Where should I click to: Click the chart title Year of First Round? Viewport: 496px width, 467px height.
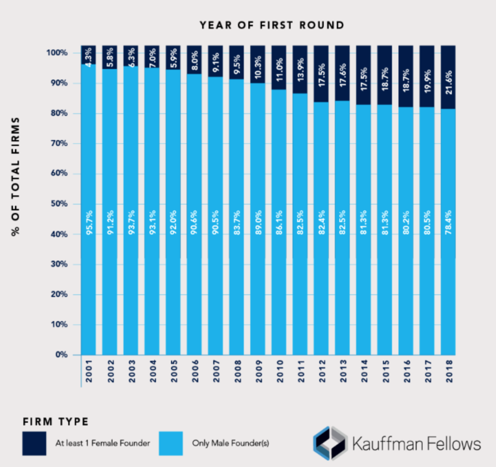271,25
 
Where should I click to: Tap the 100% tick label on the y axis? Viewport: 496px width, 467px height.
56,53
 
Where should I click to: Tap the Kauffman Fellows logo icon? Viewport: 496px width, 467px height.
328,442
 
